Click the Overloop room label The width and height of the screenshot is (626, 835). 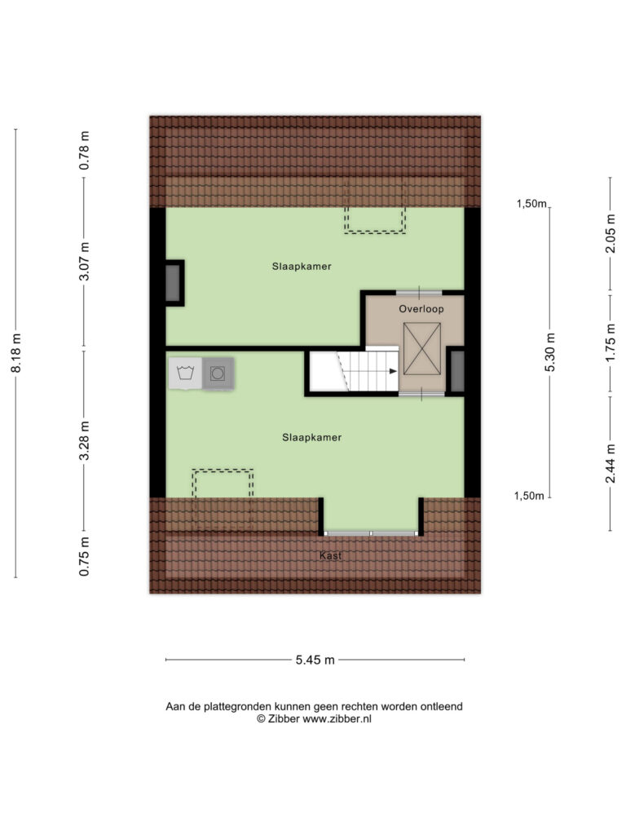click(421, 309)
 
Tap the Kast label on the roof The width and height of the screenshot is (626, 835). click(330, 555)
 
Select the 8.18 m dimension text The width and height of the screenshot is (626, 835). click(16, 353)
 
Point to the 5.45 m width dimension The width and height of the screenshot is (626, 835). click(315, 660)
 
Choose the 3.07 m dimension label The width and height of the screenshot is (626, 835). click(84, 261)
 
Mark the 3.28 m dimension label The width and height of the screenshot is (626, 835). click(84, 441)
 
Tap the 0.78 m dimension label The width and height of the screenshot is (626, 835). click(84, 151)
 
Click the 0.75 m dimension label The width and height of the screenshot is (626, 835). click(84, 556)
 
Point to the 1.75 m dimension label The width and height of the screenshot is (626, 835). click(611, 342)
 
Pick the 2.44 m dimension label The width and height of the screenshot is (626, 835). click(611, 463)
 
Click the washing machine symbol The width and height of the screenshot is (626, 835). click(185, 373)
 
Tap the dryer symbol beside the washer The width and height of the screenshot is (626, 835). click(218, 373)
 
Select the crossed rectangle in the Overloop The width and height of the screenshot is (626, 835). click(422, 349)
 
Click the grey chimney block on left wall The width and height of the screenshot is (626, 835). click(173, 283)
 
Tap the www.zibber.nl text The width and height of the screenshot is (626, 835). click(337, 719)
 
